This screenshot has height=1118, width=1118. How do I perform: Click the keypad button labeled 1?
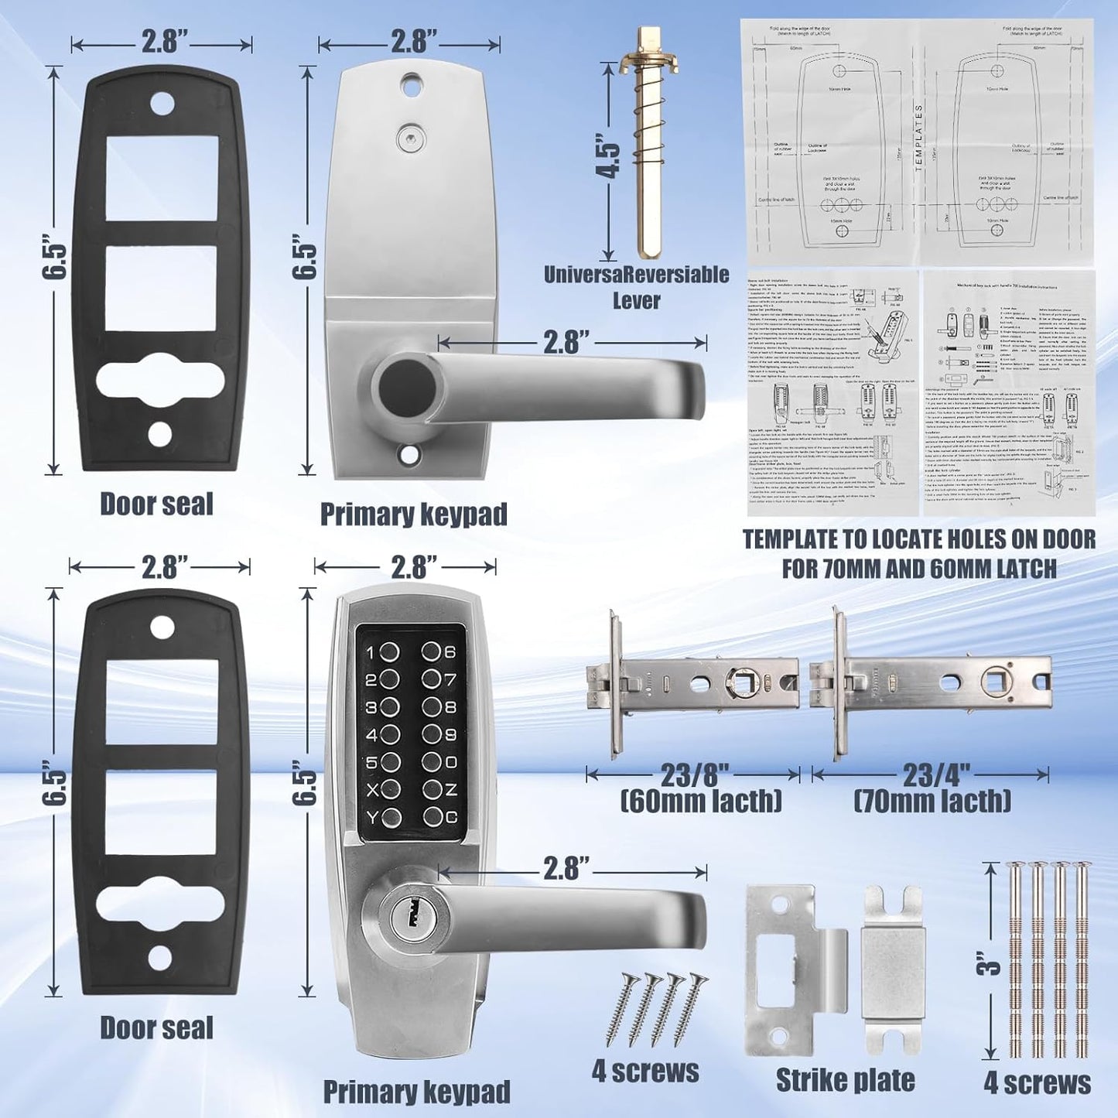[390, 653]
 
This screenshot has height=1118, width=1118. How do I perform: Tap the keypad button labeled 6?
[432, 653]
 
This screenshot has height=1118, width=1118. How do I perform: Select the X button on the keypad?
[390, 790]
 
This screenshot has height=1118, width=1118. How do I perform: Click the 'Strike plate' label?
[845, 1080]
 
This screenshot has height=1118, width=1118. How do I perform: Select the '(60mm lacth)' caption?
[701, 801]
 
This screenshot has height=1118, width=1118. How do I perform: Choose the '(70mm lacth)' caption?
[932, 801]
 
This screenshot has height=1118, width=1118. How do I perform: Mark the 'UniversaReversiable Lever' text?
[636, 287]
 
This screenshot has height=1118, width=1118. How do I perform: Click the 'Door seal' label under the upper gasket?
[156, 504]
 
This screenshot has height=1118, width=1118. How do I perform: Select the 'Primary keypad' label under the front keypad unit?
[416, 1092]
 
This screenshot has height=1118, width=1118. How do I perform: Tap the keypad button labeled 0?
[432, 763]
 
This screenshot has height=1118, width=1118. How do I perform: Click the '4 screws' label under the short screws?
[645, 1072]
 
